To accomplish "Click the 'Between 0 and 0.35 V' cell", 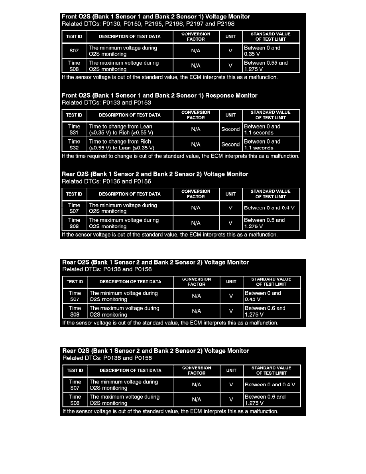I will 271,51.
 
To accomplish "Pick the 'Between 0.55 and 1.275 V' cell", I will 271,66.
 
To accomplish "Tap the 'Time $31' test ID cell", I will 74,129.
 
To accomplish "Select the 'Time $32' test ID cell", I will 74,144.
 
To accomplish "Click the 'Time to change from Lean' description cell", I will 130,129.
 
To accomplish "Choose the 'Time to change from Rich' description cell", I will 130,144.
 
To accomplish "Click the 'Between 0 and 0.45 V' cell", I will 272,296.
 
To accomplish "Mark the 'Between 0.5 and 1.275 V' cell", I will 271,223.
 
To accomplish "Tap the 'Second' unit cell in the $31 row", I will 230,129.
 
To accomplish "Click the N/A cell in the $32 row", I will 196,144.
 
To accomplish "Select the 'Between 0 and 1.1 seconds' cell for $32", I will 271,144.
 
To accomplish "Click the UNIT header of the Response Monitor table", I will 230,115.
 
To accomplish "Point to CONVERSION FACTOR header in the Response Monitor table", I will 196,115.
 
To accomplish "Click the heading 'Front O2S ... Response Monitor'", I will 159,96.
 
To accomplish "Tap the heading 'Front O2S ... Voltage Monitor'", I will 156,17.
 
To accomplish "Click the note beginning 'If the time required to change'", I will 180,156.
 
